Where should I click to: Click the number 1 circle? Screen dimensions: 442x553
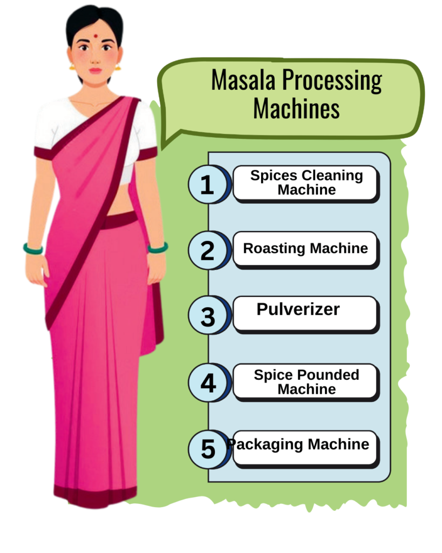pyautogui.click(x=207, y=184)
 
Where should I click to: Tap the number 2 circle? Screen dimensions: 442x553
pyautogui.click(x=207, y=250)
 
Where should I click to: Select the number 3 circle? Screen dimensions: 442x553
pyautogui.click(x=207, y=315)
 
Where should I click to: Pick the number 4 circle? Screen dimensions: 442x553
pyautogui.click(x=207, y=382)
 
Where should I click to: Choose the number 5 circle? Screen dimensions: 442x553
pyautogui.click(x=207, y=449)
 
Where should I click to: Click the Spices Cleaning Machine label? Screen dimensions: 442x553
pyautogui.click(x=306, y=183)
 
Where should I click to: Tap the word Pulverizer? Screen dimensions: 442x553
pyautogui.click(x=298, y=309)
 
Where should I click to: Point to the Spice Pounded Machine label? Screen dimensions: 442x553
pyautogui.click(x=306, y=382)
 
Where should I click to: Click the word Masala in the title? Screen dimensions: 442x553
pyautogui.click(x=243, y=80)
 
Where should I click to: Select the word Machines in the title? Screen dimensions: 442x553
pyautogui.click(x=296, y=108)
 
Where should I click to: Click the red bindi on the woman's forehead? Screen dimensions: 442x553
pyautogui.click(x=95, y=36)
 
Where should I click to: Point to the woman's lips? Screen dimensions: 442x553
pyautogui.click(x=95, y=70)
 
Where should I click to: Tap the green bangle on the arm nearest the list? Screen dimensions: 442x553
pyautogui.click(x=158, y=247)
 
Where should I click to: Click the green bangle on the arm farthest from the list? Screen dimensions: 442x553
pyautogui.click(x=33, y=249)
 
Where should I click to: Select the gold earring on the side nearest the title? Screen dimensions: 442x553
pyautogui.click(x=118, y=66)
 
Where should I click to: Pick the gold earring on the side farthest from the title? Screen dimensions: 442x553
pyautogui.click(x=72, y=66)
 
